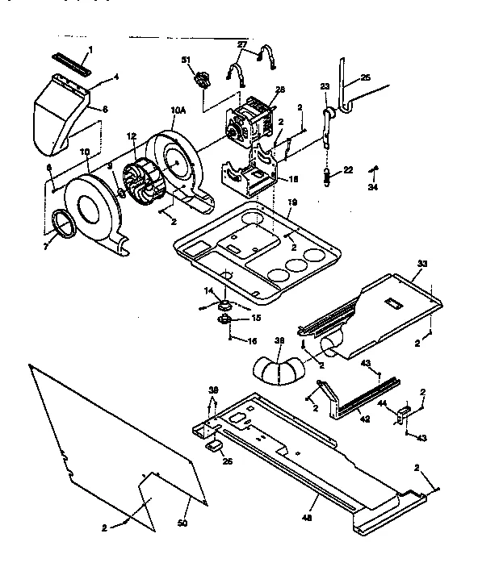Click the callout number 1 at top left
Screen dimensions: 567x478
tap(90, 50)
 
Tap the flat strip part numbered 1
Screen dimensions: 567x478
tap(72, 59)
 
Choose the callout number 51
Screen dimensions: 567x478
tap(186, 60)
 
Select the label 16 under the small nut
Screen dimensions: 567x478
tap(230, 342)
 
